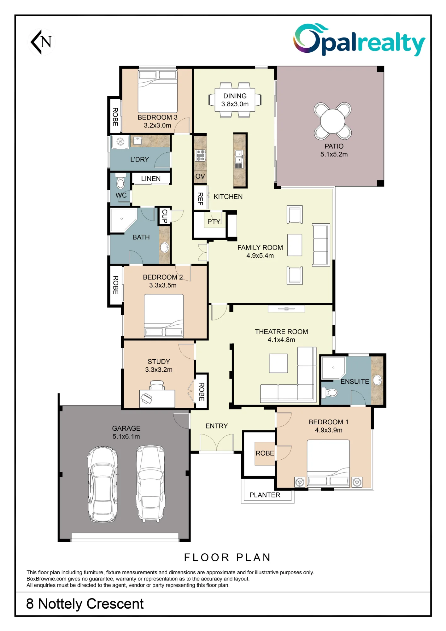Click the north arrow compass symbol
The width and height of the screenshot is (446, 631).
(42, 42)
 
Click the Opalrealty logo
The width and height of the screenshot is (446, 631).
(359, 40)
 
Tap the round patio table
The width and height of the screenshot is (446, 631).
(333, 121)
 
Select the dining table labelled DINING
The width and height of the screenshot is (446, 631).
(235, 100)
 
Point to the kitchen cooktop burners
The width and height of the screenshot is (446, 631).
(201, 156)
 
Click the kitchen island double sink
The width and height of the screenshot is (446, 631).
(239, 159)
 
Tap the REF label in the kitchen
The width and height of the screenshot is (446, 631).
(200, 199)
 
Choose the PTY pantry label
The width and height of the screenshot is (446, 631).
(214, 222)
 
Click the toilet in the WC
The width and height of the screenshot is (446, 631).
(120, 181)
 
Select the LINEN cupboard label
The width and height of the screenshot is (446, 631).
(151, 179)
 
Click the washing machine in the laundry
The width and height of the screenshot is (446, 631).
(120, 142)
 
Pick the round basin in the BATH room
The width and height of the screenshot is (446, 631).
(165, 247)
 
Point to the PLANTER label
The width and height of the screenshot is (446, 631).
(265, 495)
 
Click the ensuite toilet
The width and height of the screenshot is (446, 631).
(329, 392)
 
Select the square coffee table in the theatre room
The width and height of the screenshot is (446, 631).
(279, 363)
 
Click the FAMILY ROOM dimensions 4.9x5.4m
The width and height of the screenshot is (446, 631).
(260, 256)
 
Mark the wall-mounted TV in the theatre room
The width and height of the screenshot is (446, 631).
(286, 309)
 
